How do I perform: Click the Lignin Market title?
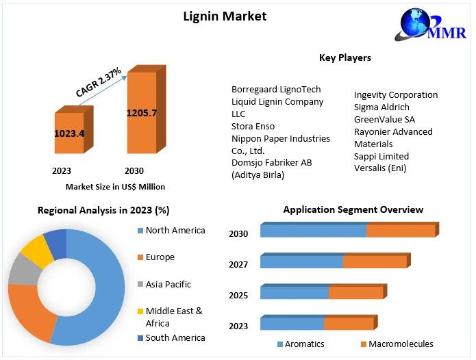[x=225, y=16]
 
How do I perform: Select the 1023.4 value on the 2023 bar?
[x=69, y=133]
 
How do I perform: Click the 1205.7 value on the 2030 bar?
[x=141, y=112]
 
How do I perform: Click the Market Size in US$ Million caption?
[x=115, y=186]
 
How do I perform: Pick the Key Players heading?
[x=345, y=57]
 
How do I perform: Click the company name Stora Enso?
[x=253, y=126]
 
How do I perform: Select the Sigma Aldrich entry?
[x=381, y=107]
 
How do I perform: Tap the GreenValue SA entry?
[x=384, y=119]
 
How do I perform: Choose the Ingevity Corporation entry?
[x=396, y=94]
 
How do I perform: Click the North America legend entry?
[x=175, y=230]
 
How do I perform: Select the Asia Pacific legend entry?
[x=168, y=284]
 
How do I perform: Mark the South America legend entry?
[x=175, y=337]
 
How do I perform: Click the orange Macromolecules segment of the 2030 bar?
[x=401, y=231]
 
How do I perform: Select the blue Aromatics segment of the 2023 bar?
[x=292, y=324]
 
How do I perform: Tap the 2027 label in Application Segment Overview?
[x=238, y=264]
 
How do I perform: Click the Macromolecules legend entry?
[x=401, y=344]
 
